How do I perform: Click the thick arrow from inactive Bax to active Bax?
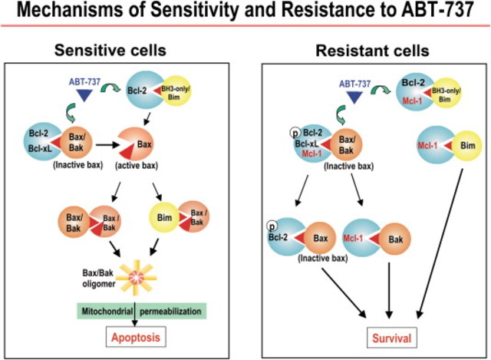click(110, 143)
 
